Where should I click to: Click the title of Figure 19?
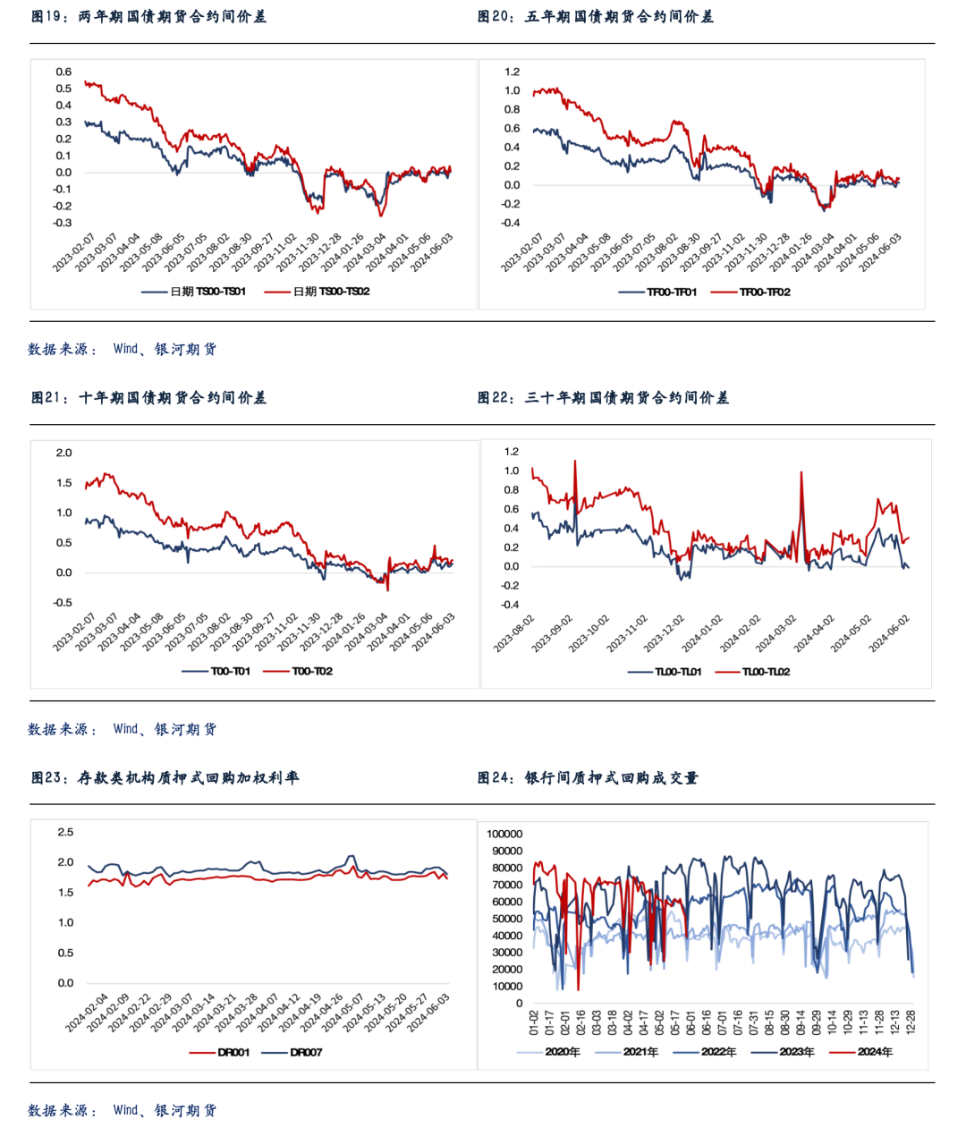coord(148,17)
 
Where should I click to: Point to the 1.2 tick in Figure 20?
coord(512,72)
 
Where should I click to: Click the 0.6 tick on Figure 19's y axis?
coord(64,72)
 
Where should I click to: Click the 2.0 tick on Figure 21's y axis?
coord(64,453)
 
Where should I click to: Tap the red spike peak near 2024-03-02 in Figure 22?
coord(801,472)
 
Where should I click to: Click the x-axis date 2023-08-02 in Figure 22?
coord(515,633)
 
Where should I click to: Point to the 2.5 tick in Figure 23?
coord(65,832)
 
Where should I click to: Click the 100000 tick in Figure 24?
coord(504,834)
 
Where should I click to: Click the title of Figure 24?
coord(588,778)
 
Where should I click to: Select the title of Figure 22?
coord(603,398)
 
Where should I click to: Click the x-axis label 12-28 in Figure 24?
coord(911,1022)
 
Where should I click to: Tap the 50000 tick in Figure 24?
coord(507,919)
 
